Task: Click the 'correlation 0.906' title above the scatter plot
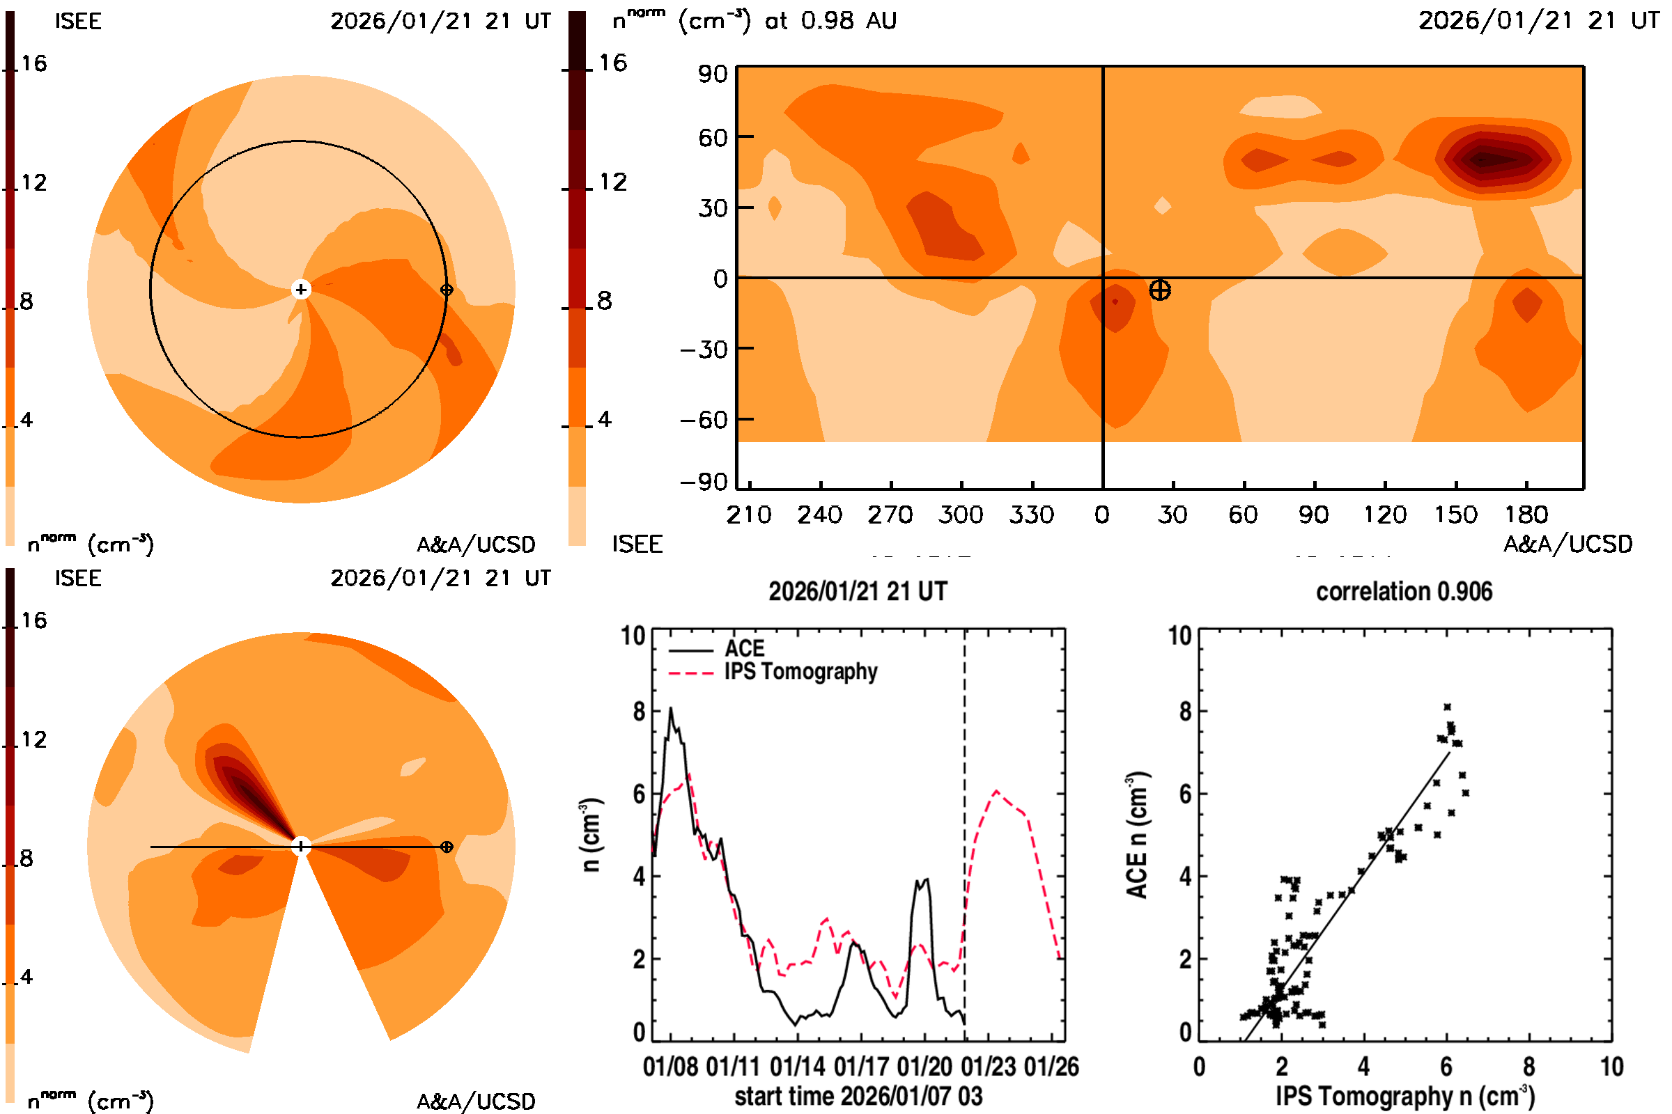(1403, 592)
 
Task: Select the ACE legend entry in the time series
(743, 649)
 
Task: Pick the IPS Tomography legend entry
(800, 671)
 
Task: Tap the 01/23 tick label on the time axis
(988, 1067)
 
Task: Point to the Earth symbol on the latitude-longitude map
(1159, 290)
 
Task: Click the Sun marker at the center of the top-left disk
(301, 289)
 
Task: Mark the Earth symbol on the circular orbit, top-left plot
(447, 289)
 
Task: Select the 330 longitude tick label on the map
(1031, 515)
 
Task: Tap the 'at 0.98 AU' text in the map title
(830, 21)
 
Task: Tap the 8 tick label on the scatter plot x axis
(1528, 1067)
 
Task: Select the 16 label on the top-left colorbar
(33, 63)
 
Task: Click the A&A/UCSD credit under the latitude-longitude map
(1567, 544)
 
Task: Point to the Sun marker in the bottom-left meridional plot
(301, 846)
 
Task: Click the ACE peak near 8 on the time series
(670, 709)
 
